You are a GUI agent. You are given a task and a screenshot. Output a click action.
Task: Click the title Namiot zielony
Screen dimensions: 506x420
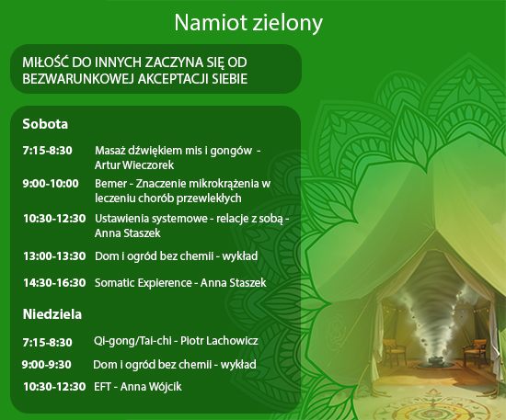(248, 23)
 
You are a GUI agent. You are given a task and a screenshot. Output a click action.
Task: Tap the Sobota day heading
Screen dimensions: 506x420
(45, 124)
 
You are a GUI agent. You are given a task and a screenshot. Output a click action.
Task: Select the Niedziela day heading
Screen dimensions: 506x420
(52, 314)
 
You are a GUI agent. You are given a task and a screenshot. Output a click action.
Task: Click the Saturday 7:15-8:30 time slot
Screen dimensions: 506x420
(48, 151)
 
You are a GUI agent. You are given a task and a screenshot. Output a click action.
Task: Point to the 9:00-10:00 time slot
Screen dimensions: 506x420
(51, 184)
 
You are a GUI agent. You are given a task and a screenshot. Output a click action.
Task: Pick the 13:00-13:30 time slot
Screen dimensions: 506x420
(54, 256)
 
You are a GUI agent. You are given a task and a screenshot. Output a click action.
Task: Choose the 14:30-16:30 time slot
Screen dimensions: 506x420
(54, 283)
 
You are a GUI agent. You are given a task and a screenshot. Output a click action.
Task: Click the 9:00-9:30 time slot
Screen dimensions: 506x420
(47, 365)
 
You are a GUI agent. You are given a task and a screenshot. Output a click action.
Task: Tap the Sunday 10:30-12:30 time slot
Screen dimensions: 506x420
(54, 387)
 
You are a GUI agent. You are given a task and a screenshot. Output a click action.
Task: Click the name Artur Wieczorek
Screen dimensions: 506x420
(134, 165)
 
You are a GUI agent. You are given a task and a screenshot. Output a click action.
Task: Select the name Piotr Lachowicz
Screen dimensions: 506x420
(219, 341)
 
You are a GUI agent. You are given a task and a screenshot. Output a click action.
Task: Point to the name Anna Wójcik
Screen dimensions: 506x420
(151, 387)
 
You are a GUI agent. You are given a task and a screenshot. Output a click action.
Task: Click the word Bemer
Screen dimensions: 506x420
(110, 184)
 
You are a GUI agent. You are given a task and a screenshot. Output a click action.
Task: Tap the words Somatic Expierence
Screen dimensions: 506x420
(144, 283)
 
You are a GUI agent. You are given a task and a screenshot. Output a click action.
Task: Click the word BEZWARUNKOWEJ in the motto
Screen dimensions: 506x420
(78, 79)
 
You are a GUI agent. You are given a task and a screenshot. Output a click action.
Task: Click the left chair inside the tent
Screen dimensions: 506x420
(395, 351)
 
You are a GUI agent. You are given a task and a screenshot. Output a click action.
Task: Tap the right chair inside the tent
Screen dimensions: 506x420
(476, 351)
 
